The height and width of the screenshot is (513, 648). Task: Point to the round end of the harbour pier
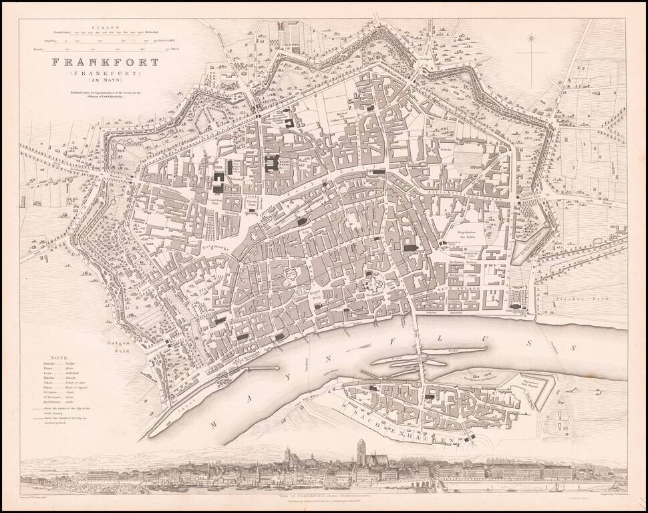[275, 368]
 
